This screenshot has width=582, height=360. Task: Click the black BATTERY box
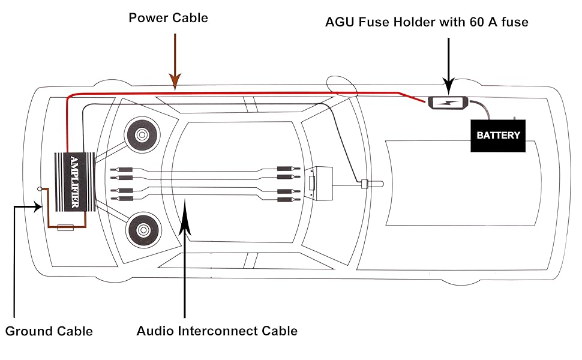click(497, 135)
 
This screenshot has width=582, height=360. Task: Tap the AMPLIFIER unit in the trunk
click(74, 182)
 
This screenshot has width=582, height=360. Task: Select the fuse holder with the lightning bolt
click(448, 104)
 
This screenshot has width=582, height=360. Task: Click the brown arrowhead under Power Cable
click(175, 80)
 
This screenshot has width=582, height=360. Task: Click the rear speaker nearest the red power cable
click(142, 135)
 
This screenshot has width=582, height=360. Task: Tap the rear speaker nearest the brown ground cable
click(143, 229)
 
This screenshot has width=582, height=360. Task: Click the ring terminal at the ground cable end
click(40, 189)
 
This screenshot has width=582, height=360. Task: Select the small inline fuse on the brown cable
click(65, 228)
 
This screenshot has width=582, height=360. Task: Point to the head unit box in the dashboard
click(317, 184)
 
